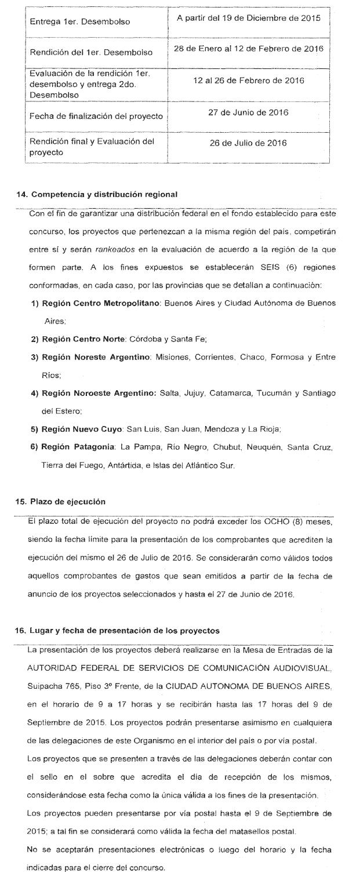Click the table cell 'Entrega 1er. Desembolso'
coord(79,21)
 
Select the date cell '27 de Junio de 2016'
coord(248,112)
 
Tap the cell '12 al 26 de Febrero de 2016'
coord(248,81)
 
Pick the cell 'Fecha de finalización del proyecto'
coord(92,117)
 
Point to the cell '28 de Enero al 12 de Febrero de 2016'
coord(248,48)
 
